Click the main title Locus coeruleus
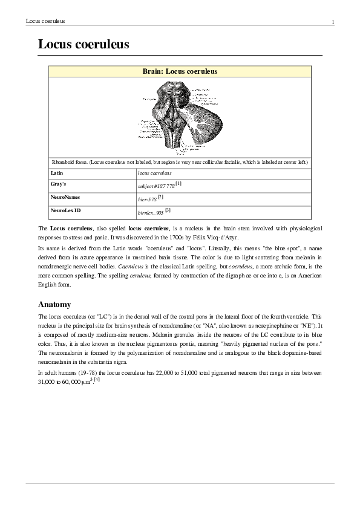(x=83, y=44)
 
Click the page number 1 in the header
(x=333, y=22)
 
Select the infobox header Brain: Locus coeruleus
(x=180, y=71)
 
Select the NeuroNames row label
(x=65, y=197)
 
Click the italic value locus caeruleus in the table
(x=154, y=173)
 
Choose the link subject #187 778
(x=156, y=186)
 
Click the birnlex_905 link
(x=151, y=213)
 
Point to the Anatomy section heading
(x=54, y=304)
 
